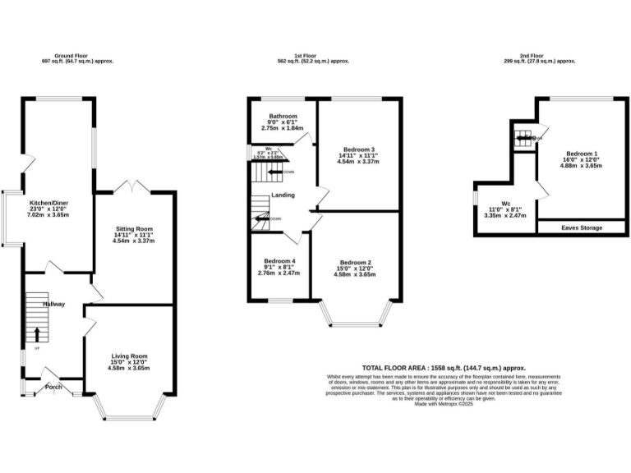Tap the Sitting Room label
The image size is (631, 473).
click(x=133, y=229)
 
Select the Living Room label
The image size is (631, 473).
click(x=129, y=356)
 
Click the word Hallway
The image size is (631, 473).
click(x=54, y=304)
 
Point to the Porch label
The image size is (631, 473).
click(x=53, y=387)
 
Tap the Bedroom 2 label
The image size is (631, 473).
click(x=356, y=263)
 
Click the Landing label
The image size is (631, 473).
click(x=285, y=195)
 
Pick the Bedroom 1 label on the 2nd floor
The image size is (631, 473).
click(x=581, y=154)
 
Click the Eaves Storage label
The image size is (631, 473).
click(x=582, y=227)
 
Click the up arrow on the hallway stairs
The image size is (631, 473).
click(x=36, y=334)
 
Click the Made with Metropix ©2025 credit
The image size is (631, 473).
click(x=444, y=404)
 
